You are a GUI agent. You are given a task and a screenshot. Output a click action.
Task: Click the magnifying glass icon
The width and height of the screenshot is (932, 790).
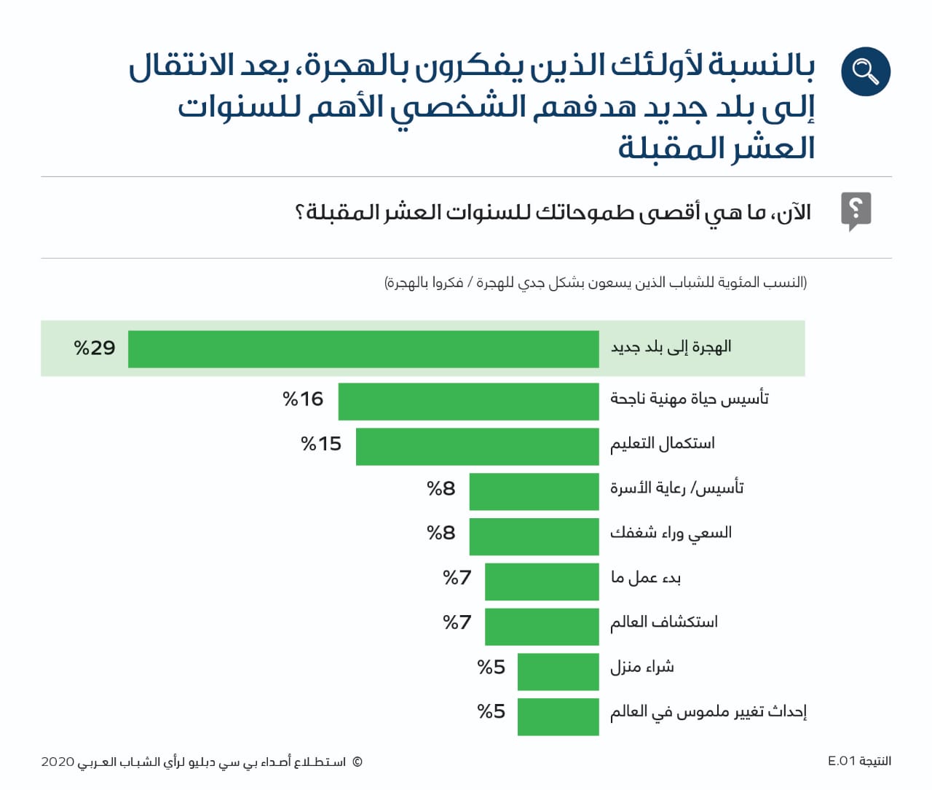[x=865, y=71]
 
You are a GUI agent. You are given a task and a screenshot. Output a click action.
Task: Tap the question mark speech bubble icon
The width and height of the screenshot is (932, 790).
[x=856, y=211]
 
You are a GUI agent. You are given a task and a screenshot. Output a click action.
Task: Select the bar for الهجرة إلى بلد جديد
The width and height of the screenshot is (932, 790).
[x=363, y=348]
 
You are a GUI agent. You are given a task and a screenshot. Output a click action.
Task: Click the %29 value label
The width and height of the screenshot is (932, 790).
[x=95, y=348]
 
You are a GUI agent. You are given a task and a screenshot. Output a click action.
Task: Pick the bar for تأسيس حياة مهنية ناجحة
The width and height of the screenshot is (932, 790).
[x=468, y=402]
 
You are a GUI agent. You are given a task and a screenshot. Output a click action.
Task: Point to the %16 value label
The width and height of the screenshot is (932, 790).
[x=303, y=399]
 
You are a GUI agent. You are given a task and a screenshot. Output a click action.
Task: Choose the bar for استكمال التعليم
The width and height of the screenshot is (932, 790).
[x=477, y=446]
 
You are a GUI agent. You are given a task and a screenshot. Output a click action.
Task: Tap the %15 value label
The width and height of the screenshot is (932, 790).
[x=321, y=444]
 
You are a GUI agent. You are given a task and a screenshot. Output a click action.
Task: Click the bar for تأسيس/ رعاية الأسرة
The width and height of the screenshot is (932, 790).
[x=534, y=491]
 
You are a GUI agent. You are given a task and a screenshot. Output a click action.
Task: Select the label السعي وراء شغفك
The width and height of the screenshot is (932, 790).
[x=671, y=533]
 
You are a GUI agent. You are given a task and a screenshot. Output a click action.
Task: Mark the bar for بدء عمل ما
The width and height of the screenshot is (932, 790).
[x=542, y=581]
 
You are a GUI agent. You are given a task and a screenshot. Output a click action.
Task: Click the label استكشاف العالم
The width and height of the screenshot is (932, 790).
[x=664, y=622]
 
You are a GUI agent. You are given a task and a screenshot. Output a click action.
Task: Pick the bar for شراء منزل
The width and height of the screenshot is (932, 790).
[x=558, y=670]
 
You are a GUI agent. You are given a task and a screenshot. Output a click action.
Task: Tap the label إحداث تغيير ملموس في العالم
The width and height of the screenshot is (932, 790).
[x=708, y=711]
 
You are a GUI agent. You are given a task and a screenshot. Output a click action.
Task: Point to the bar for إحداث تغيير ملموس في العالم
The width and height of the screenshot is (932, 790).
[x=558, y=716]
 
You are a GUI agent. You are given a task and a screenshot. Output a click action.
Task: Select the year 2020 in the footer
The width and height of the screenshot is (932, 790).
[x=58, y=762]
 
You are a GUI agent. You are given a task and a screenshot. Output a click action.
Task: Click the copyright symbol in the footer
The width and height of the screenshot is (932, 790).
[x=357, y=762]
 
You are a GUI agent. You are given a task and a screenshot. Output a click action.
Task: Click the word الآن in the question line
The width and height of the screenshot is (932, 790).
[x=794, y=213]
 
